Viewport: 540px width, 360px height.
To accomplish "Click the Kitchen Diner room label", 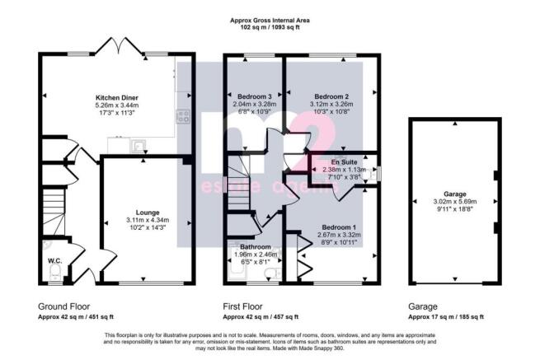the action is pos(117,98).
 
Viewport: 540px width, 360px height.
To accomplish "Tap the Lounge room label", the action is pos(148,213).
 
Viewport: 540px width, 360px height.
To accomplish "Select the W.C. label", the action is pos(54,261).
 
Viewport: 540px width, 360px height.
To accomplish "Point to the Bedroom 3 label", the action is pos(255,96).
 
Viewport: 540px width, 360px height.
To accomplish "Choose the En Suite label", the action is pos(344,162).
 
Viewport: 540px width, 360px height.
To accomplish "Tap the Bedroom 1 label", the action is pos(339,227).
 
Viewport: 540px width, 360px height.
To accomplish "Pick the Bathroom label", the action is pos(256,247).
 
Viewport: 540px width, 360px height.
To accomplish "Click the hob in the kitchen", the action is pos(183,116).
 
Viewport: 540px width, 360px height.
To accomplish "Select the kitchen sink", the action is pos(139,146).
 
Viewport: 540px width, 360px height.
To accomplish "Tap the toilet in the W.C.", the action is pos(55,273).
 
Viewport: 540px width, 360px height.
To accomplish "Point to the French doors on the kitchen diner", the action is pos(119,46).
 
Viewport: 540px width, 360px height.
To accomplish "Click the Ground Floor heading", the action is pos(63,306).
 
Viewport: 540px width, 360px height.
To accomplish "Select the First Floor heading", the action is pos(242,306).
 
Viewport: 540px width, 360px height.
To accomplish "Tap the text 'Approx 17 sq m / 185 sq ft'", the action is pos(446,317).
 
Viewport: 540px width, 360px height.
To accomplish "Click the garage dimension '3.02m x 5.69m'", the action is pos(455,202).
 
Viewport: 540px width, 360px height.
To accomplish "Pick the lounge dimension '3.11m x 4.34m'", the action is pos(148,220).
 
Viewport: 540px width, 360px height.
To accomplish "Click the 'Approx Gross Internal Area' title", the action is pos(270,21).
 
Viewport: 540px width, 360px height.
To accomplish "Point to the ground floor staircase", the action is pos(54,211).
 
